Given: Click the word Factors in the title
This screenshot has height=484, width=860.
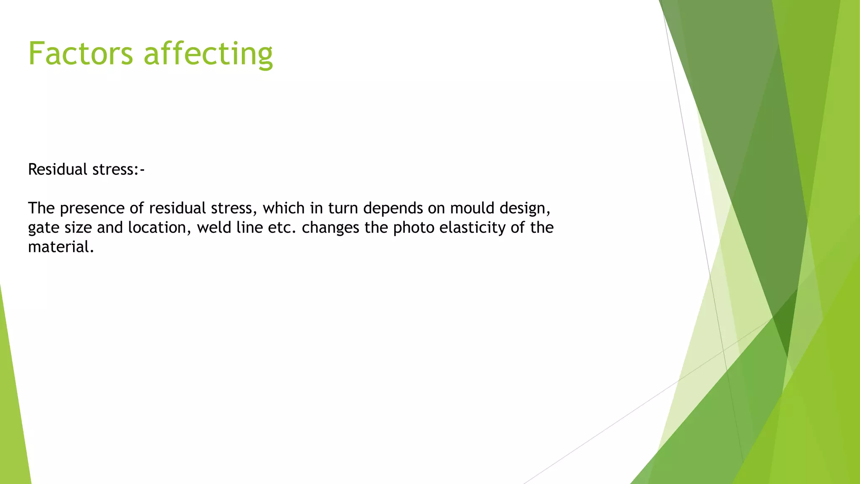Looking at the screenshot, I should (80, 53).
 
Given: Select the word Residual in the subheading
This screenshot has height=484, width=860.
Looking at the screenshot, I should (58, 169).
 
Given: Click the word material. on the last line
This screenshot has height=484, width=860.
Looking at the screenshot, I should (61, 247).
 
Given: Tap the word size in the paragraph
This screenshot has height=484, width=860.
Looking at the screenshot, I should (78, 228).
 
